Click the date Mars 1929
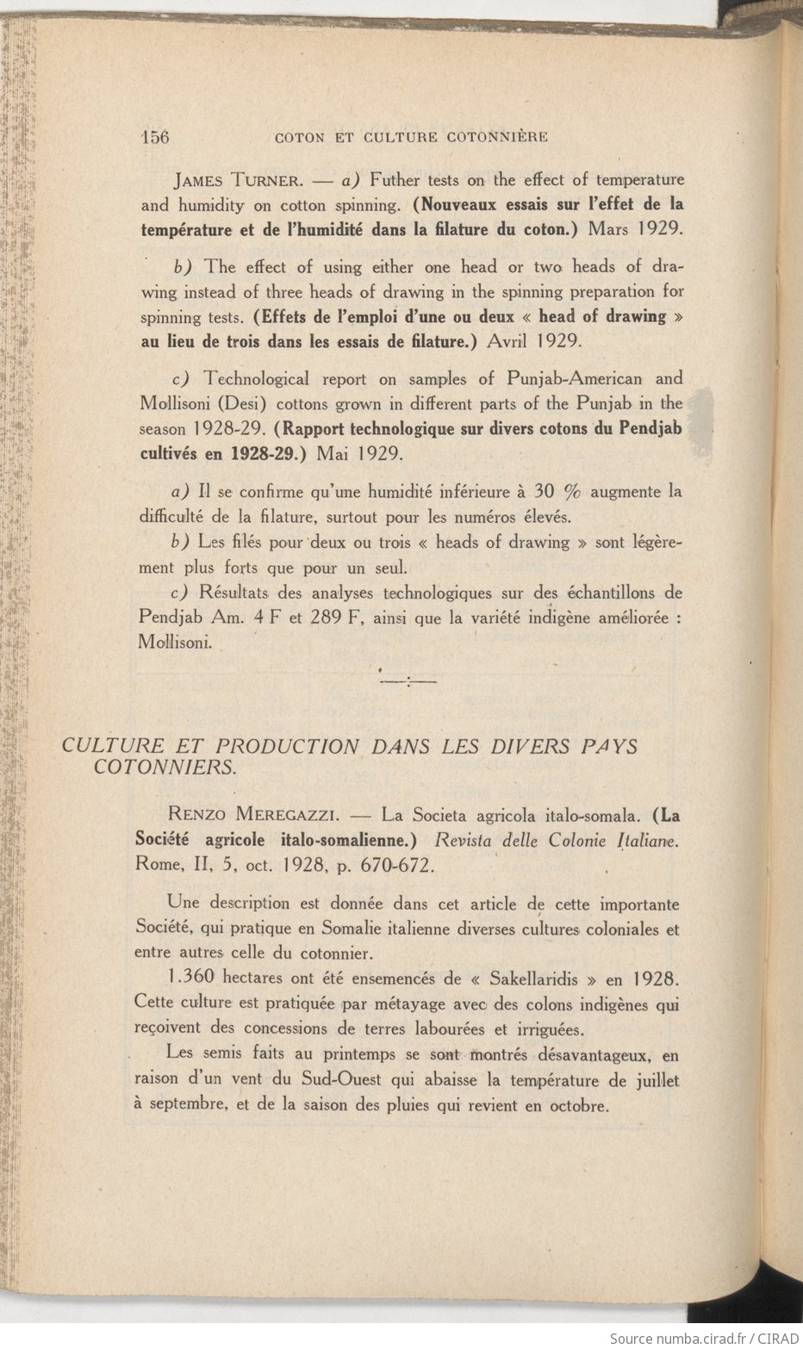[636, 230]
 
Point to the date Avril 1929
[536, 340]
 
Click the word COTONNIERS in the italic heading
[164, 767]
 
